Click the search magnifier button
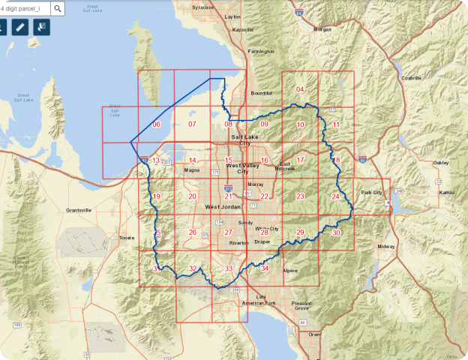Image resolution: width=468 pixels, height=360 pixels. [x=58, y=8]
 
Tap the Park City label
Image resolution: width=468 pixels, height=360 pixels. [x=372, y=193]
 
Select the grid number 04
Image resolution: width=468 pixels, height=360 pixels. [x=300, y=90]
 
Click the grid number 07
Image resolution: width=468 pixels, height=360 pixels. [x=192, y=124]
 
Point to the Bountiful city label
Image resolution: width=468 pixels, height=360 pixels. [x=262, y=93]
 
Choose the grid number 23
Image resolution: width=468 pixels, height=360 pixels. [x=300, y=196]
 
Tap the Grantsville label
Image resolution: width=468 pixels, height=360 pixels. [x=78, y=210]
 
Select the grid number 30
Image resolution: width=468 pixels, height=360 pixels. [x=336, y=232]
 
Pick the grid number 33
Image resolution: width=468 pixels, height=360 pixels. [x=229, y=268]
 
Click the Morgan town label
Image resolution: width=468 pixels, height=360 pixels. [x=322, y=29]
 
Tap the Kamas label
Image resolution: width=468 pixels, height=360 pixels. [x=447, y=193]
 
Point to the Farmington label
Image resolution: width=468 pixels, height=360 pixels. [x=262, y=52]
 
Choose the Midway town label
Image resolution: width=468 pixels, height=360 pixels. [x=386, y=247]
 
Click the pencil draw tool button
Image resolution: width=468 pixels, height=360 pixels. [x=20, y=27]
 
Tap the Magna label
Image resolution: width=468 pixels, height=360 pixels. [x=191, y=170]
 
